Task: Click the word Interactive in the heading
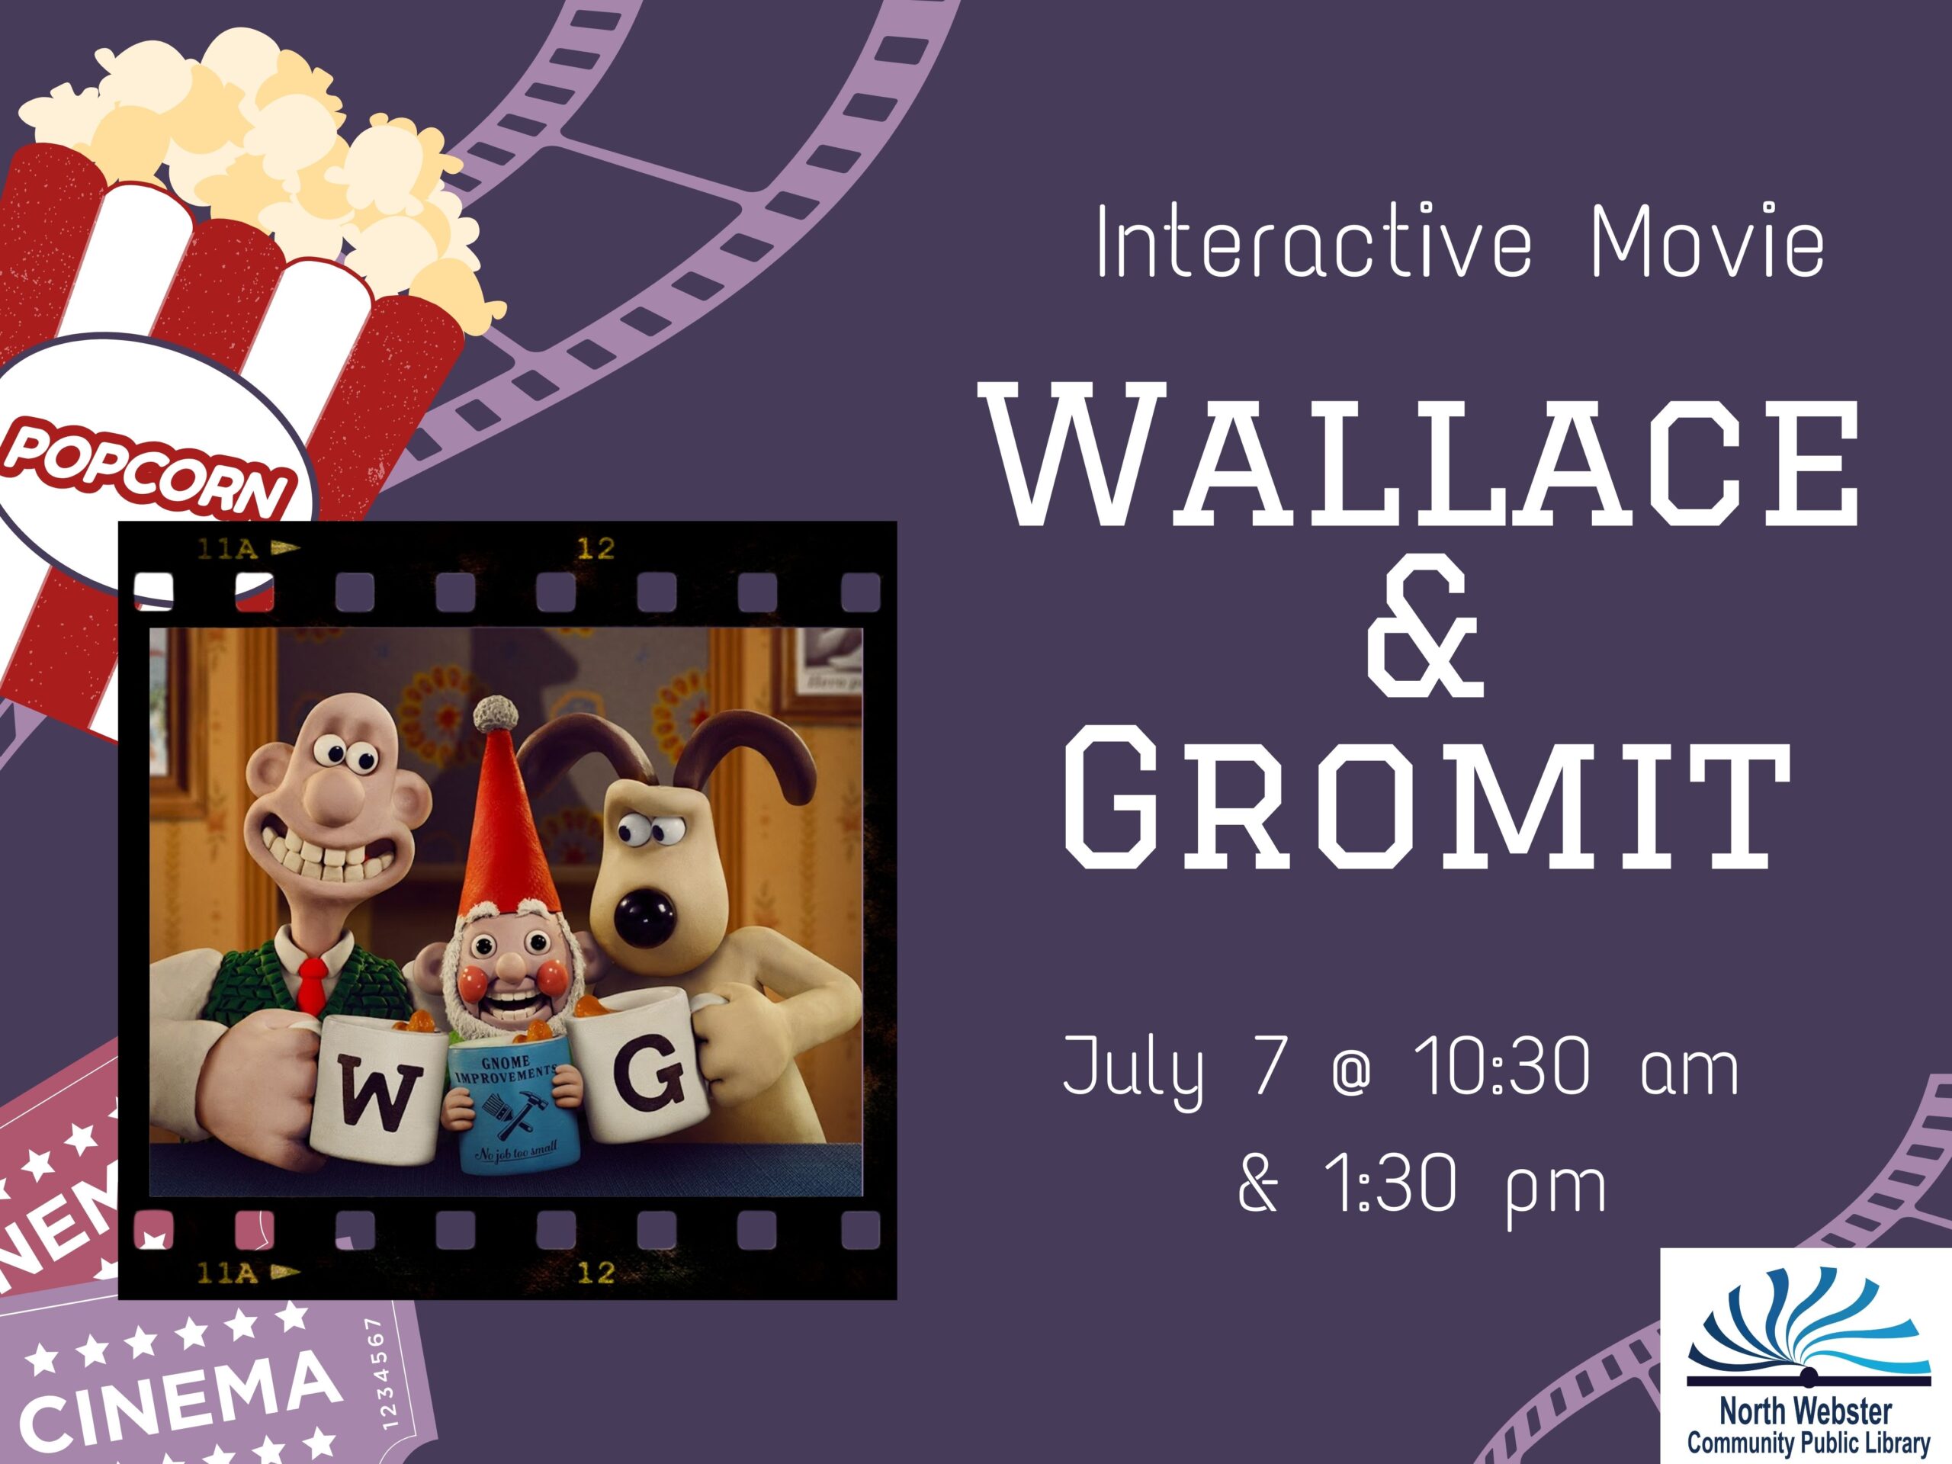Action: point(1313,240)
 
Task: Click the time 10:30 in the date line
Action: point(1502,1067)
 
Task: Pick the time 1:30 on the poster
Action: point(1391,1184)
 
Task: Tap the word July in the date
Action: point(1134,1071)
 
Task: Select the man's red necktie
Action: point(312,987)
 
